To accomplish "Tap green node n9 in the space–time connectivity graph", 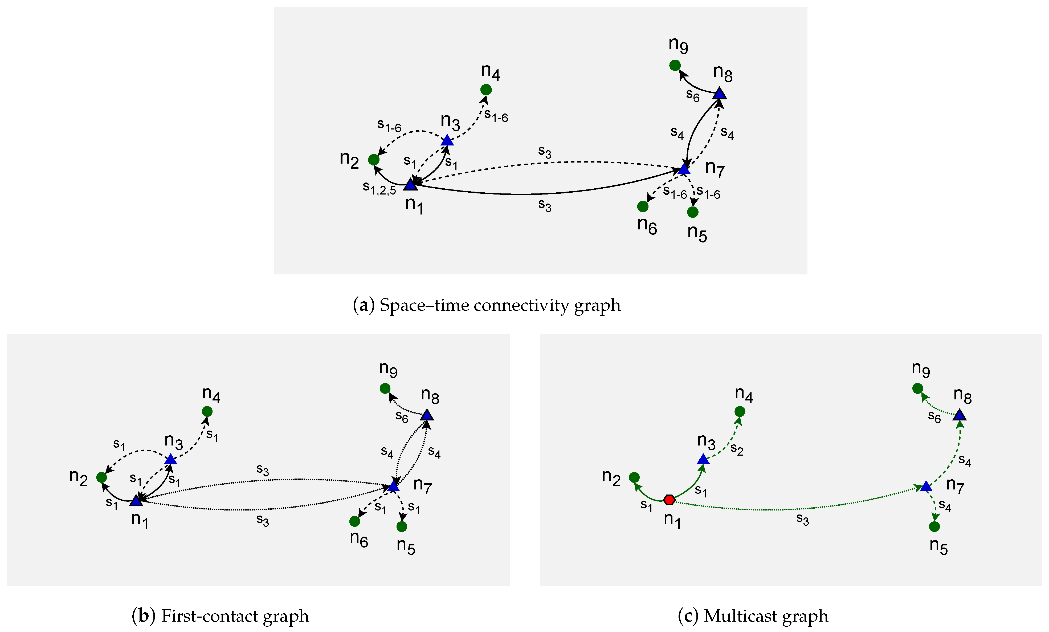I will [x=675, y=65].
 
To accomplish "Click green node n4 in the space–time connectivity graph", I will [x=486, y=90].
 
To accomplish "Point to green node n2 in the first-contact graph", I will [x=101, y=477].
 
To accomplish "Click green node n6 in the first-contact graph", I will [x=354, y=521].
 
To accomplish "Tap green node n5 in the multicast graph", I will [x=934, y=527].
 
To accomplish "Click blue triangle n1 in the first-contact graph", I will [x=136, y=501].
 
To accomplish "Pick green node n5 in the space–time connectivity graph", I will [x=693, y=212].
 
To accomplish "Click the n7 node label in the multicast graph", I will [x=955, y=486].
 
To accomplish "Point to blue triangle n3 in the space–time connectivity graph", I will [x=447, y=140].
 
